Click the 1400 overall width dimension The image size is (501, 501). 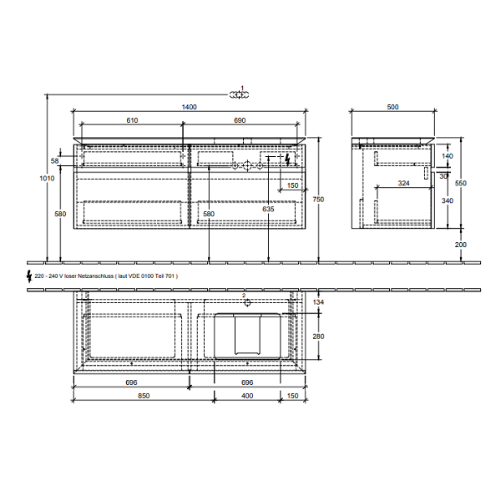point(190,107)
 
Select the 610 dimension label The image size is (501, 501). point(132,120)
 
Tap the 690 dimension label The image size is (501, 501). point(240,120)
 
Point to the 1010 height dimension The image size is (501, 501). point(47,179)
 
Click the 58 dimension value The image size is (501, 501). point(55,160)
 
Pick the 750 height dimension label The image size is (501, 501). point(319,200)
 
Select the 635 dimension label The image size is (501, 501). point(268,209)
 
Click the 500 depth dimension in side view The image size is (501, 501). point(392,107)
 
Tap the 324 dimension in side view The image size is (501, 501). point(403,183)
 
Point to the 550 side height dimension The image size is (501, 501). point(461,183)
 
